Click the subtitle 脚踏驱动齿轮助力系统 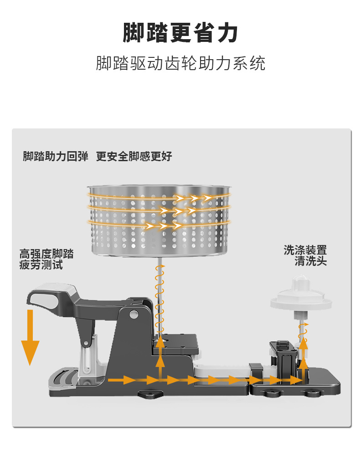[x=180, y=63]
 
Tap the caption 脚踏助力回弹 [x=55, y=157]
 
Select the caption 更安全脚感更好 [x=134, y=157]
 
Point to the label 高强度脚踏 [x=46, y=254]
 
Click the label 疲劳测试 [x=41, y=265]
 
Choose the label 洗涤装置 [x=305, y=250]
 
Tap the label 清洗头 [x=310, y=261]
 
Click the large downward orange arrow [x=30, y=337]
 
